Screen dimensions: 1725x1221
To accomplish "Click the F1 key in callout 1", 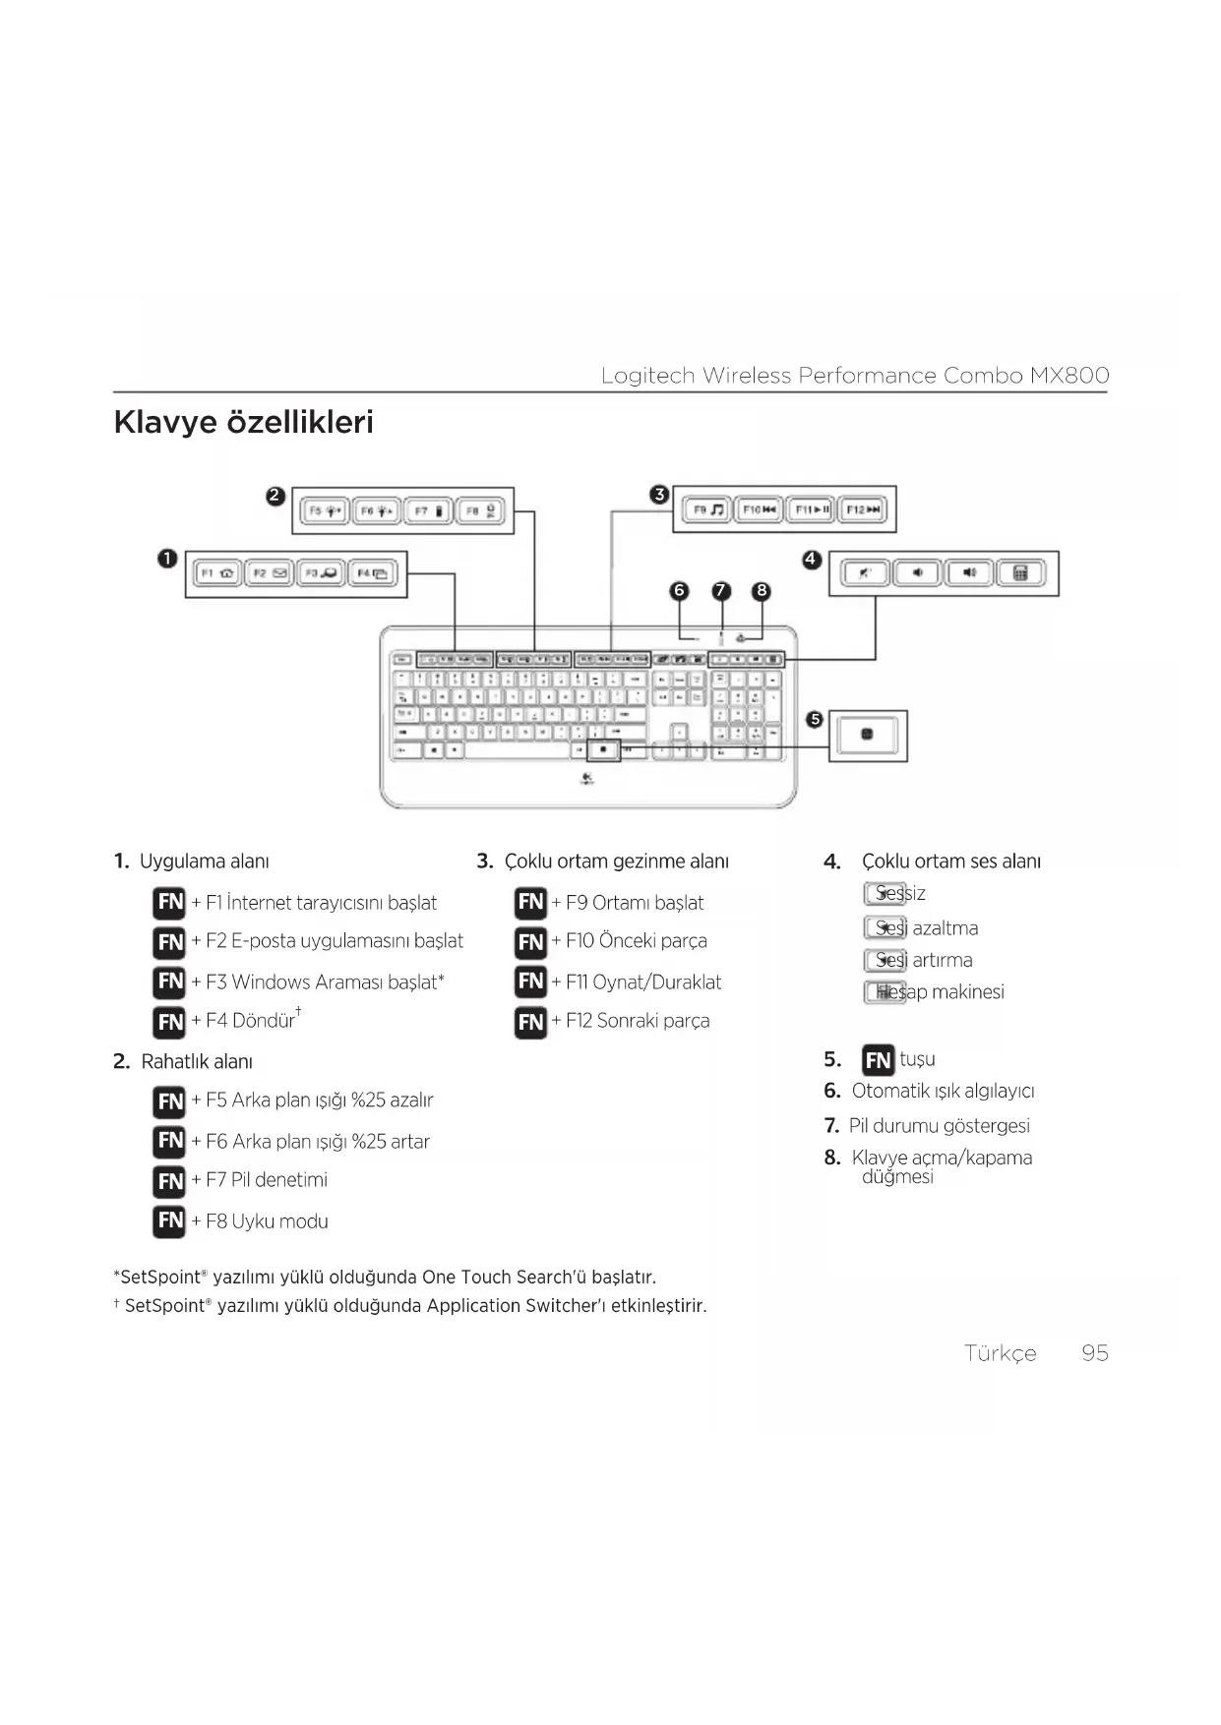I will (x=217, y=573).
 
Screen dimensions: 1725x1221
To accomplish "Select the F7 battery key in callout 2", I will (x=429, y=511).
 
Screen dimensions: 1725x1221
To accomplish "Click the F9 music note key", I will (x=706, y=509).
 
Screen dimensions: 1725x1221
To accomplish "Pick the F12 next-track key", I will (x=863, y=509).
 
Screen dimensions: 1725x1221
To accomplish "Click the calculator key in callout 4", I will (x=1021, y=572).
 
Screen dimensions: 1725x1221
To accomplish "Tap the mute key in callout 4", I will (x=865, y=572).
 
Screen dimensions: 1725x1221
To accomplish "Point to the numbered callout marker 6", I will (x=679, y=590).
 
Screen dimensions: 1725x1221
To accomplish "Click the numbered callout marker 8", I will (x=761, y=590).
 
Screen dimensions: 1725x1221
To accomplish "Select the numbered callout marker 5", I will (x=814, y=719).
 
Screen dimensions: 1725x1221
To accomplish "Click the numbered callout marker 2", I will (x=275, y=496).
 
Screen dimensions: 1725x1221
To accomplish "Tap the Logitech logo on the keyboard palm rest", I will (x=586, y=780).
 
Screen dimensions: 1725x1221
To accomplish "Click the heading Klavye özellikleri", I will (x=244, y=422).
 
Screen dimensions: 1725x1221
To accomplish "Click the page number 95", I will (x=1094, y=1353).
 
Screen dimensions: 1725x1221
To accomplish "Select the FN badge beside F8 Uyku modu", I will (x=169, y=1220).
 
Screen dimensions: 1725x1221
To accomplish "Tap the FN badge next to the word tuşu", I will (x=878, y=1060).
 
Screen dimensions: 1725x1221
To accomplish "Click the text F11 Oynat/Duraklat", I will (x=643, y=981).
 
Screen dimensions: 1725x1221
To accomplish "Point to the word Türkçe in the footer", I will (x=1000, y=1353).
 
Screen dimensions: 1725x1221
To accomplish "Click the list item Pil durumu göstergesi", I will (x=939, y=1125).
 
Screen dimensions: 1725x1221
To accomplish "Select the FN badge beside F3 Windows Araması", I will (x=169, y=981).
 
